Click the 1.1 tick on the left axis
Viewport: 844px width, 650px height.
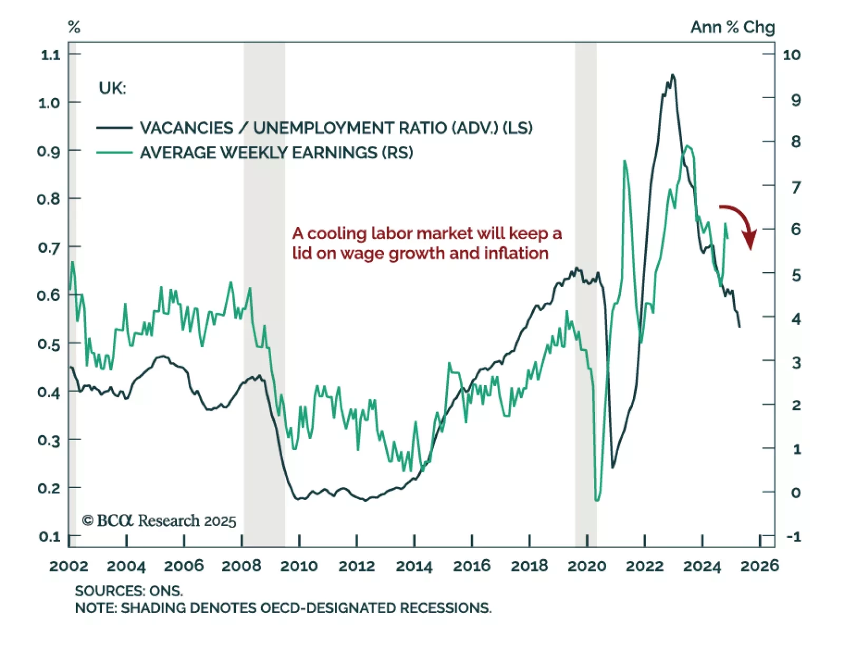coord(51,55)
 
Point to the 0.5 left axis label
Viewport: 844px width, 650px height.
coord(49,344)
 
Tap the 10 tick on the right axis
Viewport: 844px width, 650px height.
coord(791,55)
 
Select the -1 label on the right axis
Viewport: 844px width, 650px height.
coord(793,537)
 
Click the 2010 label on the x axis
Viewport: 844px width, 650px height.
coord(299,567)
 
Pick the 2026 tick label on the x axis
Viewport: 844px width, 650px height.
coord(759,567)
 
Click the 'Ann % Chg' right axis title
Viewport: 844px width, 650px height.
coord(733,27)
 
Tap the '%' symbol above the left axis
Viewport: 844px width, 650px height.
coord(74,27)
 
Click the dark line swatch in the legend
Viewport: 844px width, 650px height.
coord(114,128)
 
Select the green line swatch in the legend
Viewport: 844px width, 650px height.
coord(114,152)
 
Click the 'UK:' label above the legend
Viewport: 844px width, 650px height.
coord(112,88)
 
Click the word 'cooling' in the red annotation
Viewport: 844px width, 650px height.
coord(337,233)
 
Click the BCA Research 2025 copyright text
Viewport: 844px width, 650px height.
coord(159,521)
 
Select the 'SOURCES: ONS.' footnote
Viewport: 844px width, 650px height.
coord(129,590)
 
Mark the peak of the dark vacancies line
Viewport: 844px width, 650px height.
coord(673,75)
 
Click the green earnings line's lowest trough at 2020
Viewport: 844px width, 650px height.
coord(597,500)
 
